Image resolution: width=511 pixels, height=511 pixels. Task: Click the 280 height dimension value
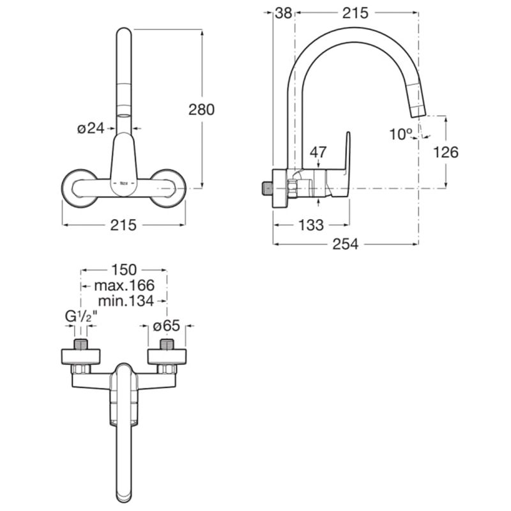pos(201,109)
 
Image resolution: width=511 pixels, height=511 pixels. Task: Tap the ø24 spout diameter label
pos(91,128)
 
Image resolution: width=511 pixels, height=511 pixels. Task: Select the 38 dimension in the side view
pos(283,12)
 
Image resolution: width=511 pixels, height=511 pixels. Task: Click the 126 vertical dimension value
pos(446,151)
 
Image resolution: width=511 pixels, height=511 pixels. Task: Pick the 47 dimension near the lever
pos(317,152)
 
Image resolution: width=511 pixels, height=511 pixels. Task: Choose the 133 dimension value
pos(311,224)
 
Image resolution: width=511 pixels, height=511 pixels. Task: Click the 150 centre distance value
pos(123,269)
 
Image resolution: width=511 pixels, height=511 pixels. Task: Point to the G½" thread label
pos(80,316)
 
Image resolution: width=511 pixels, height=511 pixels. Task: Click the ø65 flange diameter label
pos(167,326)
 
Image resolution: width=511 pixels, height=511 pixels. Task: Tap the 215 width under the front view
pos(123,224)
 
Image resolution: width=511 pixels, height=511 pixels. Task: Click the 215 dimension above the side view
pos(356,12)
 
